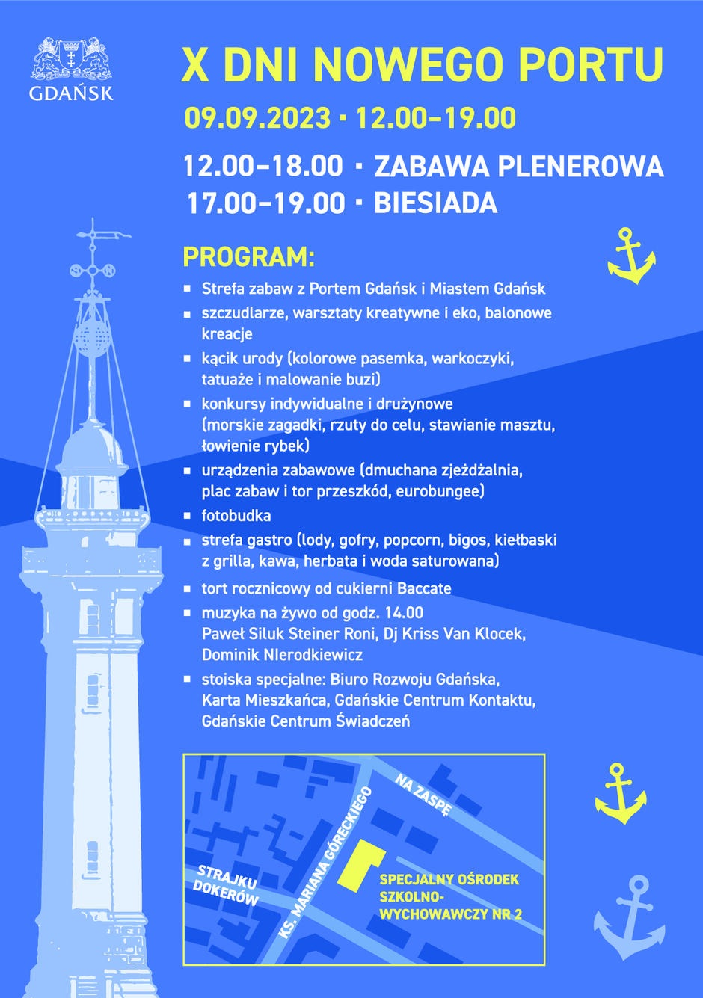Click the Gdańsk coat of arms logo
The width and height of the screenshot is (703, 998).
click(x=71, y=60)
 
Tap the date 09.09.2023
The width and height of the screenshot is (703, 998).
click(x=257, y=118)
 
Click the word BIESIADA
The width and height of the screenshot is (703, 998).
click(x=435, y=203)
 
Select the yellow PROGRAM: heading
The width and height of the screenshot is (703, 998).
click(x=248, y=257)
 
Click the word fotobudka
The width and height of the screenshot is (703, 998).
click(x=236, y=516)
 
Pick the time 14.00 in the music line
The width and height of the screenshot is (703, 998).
click(x=404, y=613)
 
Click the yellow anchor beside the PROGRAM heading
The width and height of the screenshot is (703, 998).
click(x=631, y=256)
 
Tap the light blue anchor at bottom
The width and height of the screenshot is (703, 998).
click(x=630, y=917)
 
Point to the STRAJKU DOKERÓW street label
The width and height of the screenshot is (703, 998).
click(x=227, y=886)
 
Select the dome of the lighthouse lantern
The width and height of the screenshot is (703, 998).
click(x=92, y=447)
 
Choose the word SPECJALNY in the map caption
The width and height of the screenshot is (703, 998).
click(x=412, y=880)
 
